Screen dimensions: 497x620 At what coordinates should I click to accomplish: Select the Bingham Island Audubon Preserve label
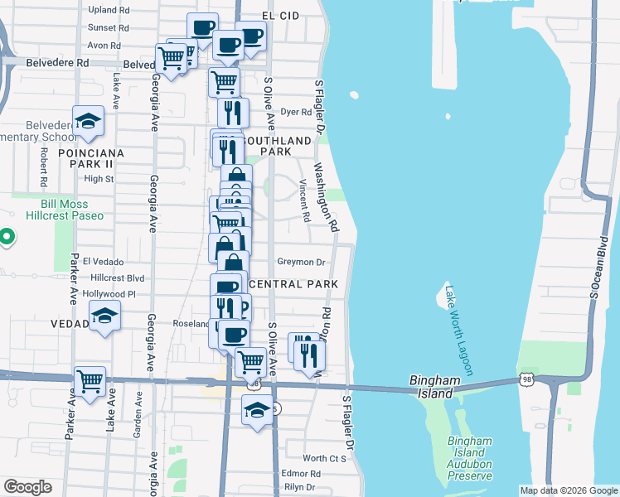pos(470,458)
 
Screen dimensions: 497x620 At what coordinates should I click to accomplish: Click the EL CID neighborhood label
pos(279,16)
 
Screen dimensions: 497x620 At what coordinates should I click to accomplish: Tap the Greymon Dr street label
pos(301,262)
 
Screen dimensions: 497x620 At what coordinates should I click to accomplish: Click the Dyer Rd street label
pos(296,112)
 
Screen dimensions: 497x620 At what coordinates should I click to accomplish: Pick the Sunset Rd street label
pos(109,28)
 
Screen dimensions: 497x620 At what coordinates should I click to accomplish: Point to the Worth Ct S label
pos(324,458)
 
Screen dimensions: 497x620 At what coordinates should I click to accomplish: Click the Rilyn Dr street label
pos(300,488)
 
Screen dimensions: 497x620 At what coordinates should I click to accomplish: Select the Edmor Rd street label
pos(300,474)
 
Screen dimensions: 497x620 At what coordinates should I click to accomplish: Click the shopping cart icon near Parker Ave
pos(90,381)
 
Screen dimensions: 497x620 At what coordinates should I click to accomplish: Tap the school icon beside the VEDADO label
pos(104,316)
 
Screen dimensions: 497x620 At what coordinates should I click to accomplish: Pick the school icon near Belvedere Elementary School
pos(87,121)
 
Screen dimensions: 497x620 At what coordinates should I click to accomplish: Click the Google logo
pos(28,486)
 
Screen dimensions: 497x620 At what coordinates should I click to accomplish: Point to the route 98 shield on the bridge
pos(527,379)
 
